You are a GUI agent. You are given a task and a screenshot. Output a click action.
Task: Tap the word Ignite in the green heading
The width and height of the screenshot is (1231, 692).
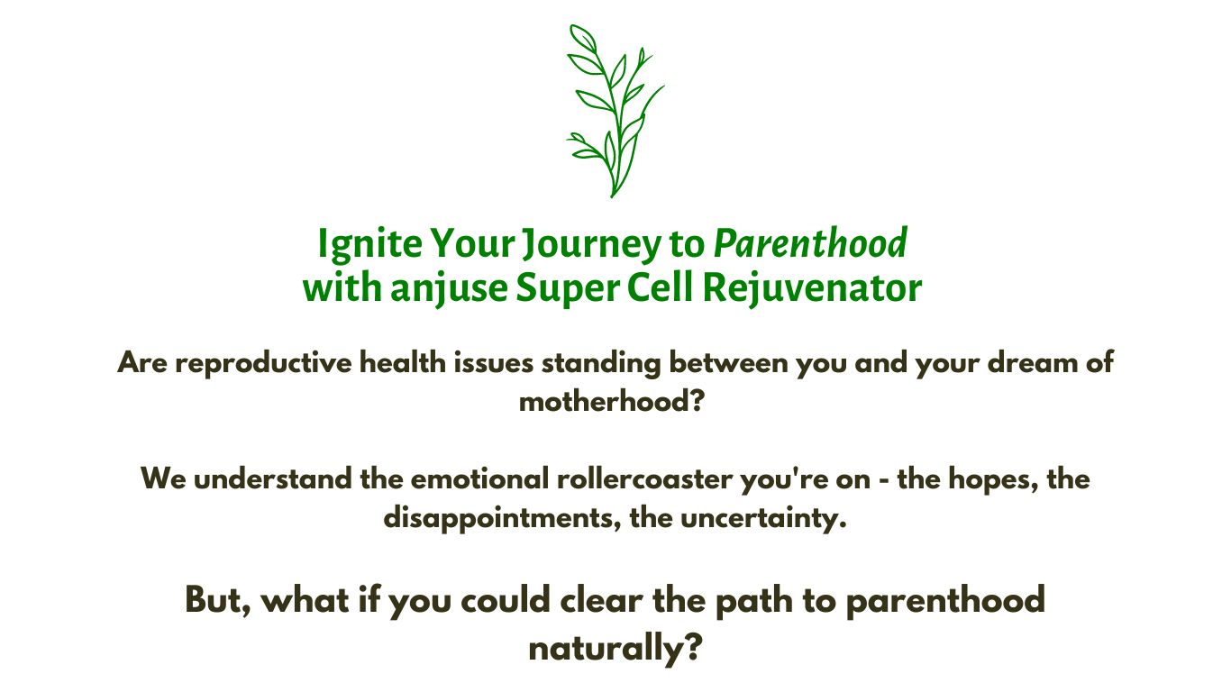370,243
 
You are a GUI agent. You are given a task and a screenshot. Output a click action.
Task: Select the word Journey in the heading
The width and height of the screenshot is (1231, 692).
592,244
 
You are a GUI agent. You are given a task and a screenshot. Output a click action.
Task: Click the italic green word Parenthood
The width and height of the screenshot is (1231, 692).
810,242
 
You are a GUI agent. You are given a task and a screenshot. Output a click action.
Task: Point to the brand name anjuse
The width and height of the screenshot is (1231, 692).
449,289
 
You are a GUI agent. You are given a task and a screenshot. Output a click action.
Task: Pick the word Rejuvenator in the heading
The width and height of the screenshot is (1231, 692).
812,289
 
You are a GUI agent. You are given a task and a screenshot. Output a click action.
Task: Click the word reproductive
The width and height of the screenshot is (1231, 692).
263,363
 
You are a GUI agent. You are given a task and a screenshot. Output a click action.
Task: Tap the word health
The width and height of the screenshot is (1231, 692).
402,362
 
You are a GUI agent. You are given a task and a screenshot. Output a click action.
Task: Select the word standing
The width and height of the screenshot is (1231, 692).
601,363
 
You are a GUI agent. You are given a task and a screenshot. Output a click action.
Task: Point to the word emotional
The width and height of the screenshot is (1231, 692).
479,478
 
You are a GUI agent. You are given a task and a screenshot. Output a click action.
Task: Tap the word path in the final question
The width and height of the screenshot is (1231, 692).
754,601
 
